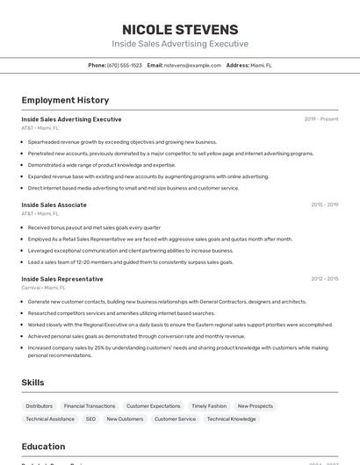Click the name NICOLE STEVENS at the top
(180, 30)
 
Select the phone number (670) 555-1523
(125, 66)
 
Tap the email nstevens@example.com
(192, 66)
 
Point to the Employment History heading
(65, 101)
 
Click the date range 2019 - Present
(321, 119)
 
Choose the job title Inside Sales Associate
(54, 204)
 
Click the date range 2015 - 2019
(324, 204)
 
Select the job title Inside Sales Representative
(62, 279)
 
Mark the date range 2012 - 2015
(324, 279)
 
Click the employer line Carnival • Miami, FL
(44, 287)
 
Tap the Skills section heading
(33, 383)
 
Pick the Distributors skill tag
(40, 406)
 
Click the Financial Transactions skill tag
(90, 406)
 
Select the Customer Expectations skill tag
(154, 406)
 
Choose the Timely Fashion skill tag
(209, 406)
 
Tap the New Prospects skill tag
(256, 406)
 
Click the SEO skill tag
(90, 419)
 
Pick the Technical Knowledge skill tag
(232, 419)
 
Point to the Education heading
(44, 447)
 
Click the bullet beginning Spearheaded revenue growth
(122, 142)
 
